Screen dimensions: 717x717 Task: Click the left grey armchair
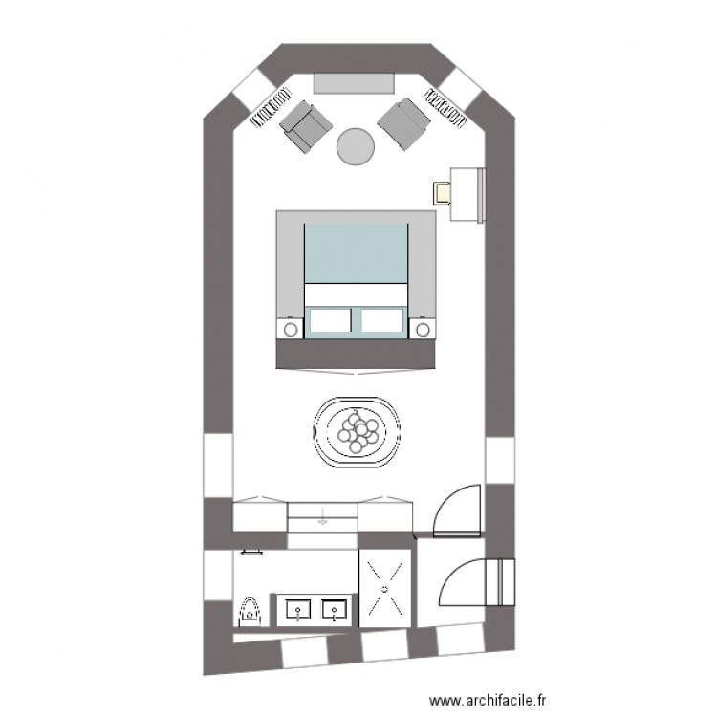tap(304, 125)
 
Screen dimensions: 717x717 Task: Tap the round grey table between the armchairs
tap(355, 146)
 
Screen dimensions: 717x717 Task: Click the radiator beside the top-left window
tap(271, 106)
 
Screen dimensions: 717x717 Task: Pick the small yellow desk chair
tap(444, 192)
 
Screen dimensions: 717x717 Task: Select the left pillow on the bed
tap(330, 320)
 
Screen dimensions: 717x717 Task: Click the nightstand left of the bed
tap(290, 330)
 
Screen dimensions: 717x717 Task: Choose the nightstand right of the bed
tap(422, 330)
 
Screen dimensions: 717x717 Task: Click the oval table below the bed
tap(358, 432)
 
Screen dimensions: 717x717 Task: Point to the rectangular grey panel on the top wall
tap(355, 83)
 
